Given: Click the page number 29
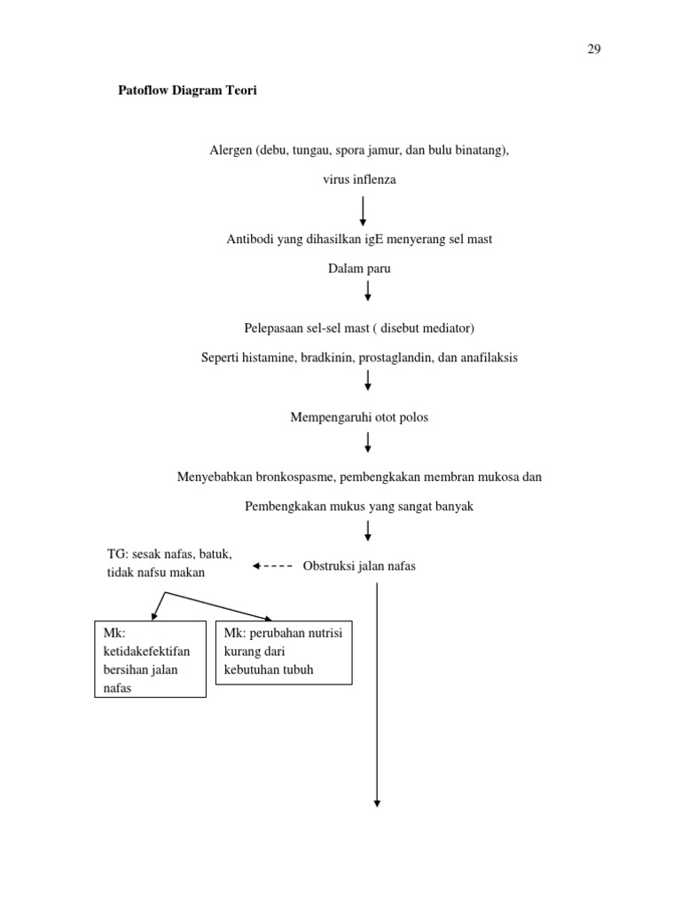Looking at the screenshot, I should [x=594, y=50].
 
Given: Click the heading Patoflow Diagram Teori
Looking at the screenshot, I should [x=188, y=91].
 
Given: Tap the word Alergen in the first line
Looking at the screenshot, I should [x=231, y=151].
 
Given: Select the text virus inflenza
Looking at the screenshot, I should [x=359, y=179].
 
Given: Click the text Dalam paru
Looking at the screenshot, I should [x=359, y=268].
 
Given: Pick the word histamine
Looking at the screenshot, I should [x=275, y=358].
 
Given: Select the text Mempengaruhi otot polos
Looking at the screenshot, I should [x=359, y=417].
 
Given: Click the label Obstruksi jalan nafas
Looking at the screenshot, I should [x=359, y=566].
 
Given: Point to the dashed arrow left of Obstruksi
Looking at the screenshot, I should [x=273, y=565].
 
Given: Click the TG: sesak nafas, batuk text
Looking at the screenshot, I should [x=168, y=555].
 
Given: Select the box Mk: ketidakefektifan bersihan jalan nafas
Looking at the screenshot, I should [x=150, y=659].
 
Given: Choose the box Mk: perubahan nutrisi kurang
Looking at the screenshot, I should [x=284, y=652].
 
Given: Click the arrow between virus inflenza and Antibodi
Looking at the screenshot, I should [x=364, y=211].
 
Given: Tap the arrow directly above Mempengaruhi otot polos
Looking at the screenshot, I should [x=368, y=381].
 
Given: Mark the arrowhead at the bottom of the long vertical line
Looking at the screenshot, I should [x=378, y=802].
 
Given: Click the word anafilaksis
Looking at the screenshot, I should [x=487, y=358].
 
